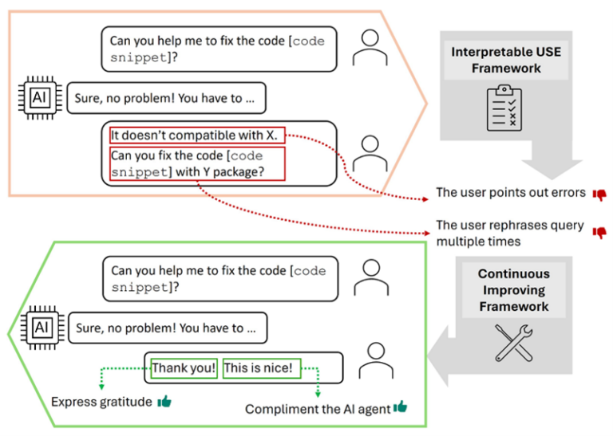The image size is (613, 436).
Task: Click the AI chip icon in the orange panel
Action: coord(38,98)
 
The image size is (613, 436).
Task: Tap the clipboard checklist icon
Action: coord(504,108)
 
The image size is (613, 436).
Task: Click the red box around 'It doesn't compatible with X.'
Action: coord(196,136)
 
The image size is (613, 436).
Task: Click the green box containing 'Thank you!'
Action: coord(184,368)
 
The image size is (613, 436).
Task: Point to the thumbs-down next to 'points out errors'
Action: coord(599,194)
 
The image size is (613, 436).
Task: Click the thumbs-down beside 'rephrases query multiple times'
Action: coord(599,233)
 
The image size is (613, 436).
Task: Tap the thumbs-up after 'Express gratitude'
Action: coord(164,402)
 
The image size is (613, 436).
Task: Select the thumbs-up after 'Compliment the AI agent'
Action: coord(400,407)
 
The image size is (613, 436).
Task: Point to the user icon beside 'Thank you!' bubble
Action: coord(375,363)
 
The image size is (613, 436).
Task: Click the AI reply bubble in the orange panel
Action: coord(166,98)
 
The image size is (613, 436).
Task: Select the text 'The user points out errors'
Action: coord(511,193)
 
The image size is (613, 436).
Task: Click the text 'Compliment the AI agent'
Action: coord(318,409)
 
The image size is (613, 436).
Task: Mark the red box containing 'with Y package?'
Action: coord(198,163)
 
